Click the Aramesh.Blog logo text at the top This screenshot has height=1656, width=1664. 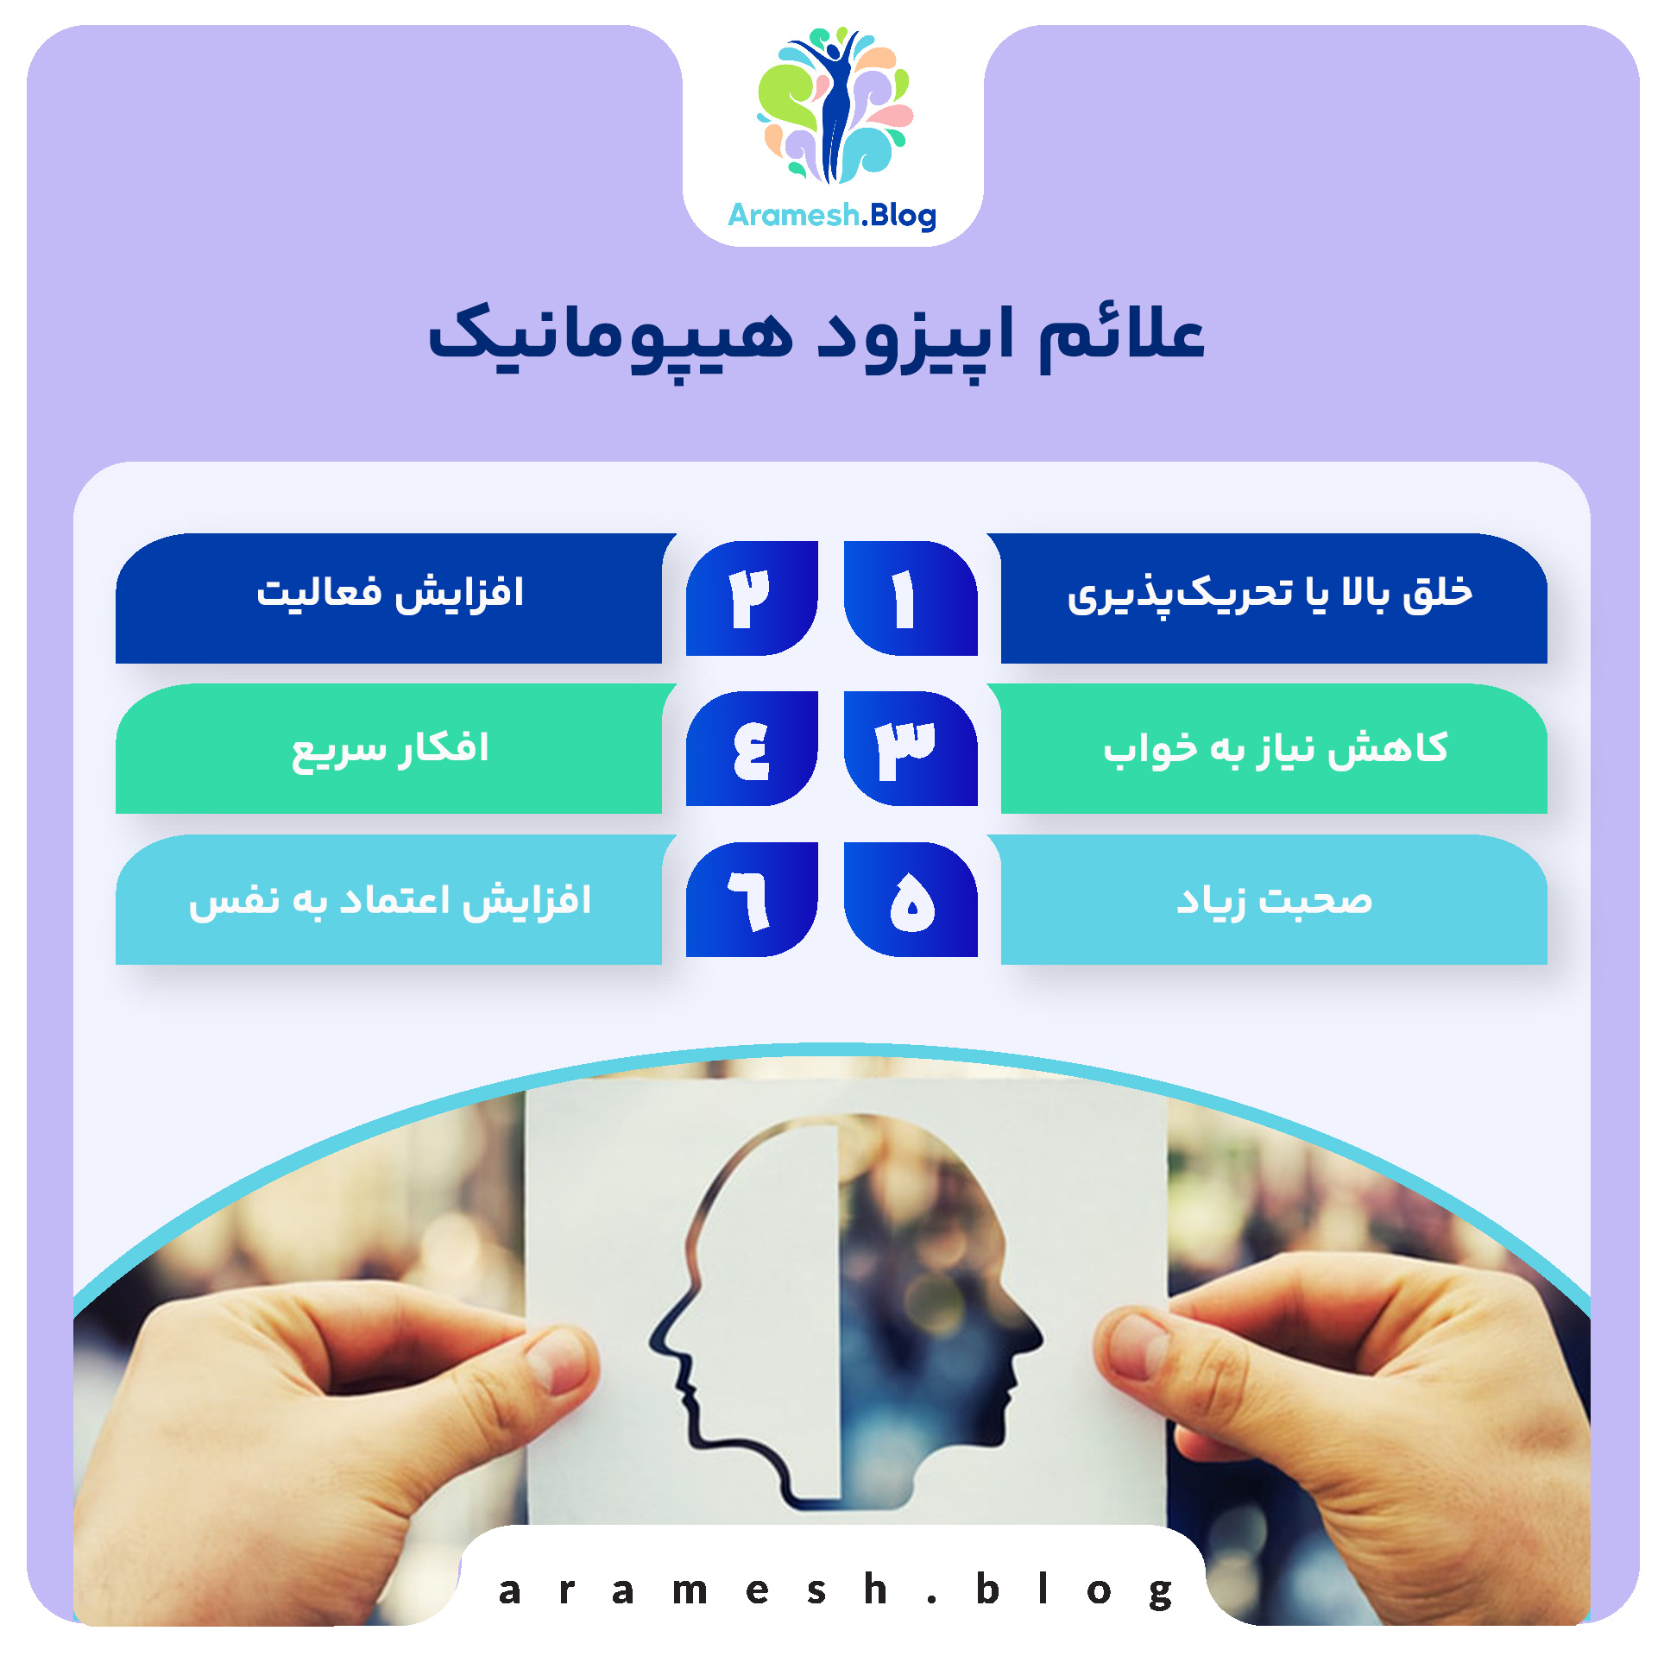(x=832, y=215)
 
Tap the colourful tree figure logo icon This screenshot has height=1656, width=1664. (x=834, y=105)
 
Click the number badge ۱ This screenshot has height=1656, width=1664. (x=909, y=598)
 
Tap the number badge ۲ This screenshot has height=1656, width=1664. (x=752, y=598)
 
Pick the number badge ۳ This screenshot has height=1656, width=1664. (x=909, y=748)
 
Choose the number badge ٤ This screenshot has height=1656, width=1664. (x=752, y=748)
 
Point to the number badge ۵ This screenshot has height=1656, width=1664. (x=911, y=899)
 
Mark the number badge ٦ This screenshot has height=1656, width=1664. (x=752, y=899)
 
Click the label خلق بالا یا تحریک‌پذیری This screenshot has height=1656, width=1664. (x=1270, y=595)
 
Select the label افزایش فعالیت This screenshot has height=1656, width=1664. (x=390, y=594)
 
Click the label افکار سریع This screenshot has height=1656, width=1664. (x=390, y=747)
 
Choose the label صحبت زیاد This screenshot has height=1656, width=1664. (x=1274, y=900)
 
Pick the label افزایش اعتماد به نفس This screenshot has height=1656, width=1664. (x=390, y=900)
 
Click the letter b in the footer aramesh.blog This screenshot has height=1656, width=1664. (x=987, y=1589)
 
